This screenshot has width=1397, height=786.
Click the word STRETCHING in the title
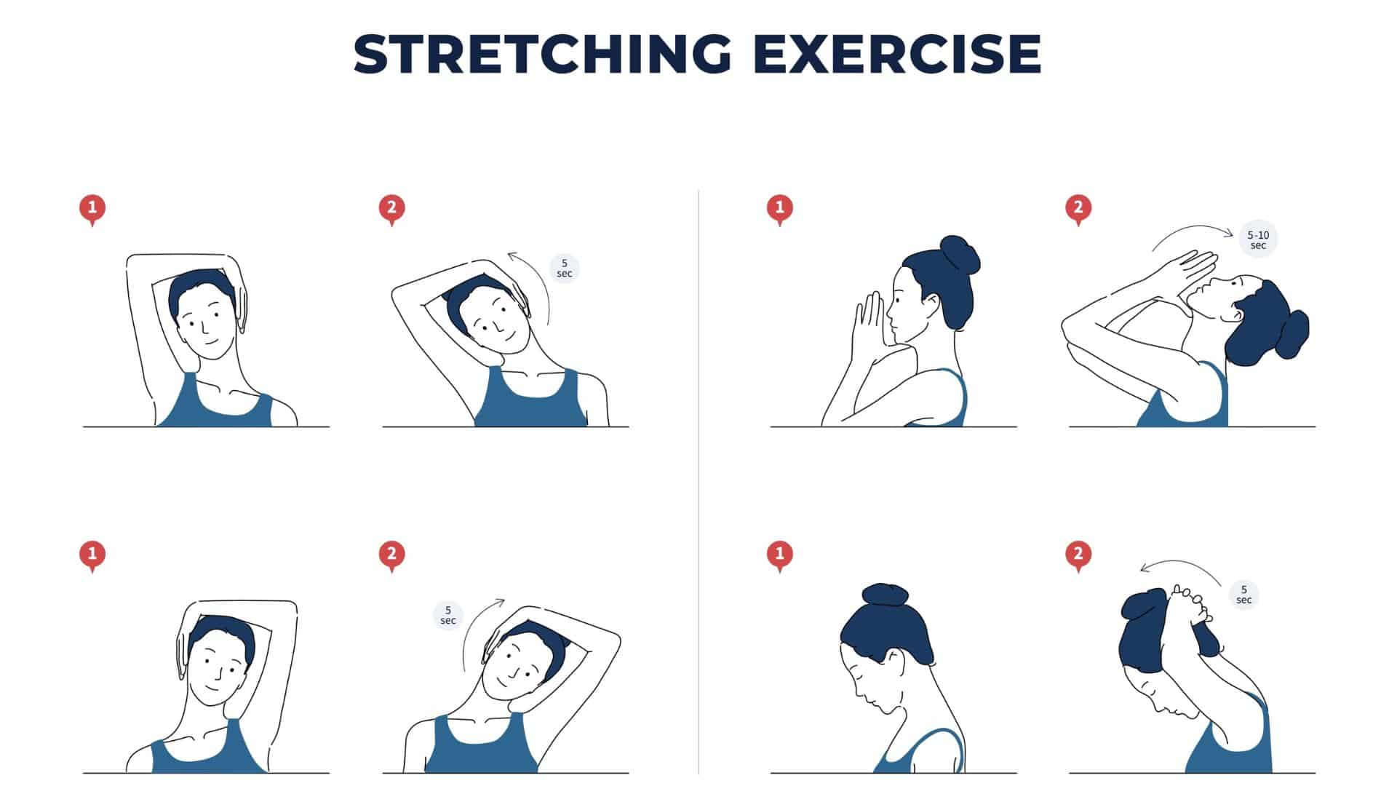click(x=542, y=53)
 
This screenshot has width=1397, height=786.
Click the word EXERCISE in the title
click(x=897, y=53)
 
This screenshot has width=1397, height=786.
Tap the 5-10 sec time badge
click(x=1258, y=239)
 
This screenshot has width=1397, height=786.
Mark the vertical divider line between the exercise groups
click(x=698, y=482)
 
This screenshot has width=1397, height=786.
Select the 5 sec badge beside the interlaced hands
click(x=1244, y=595)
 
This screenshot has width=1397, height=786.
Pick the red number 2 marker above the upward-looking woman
click(x=1078, y=210)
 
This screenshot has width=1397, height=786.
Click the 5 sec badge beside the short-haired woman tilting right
click(x=564, y=269)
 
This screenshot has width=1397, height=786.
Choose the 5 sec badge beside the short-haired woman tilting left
click(x=448, y=616)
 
